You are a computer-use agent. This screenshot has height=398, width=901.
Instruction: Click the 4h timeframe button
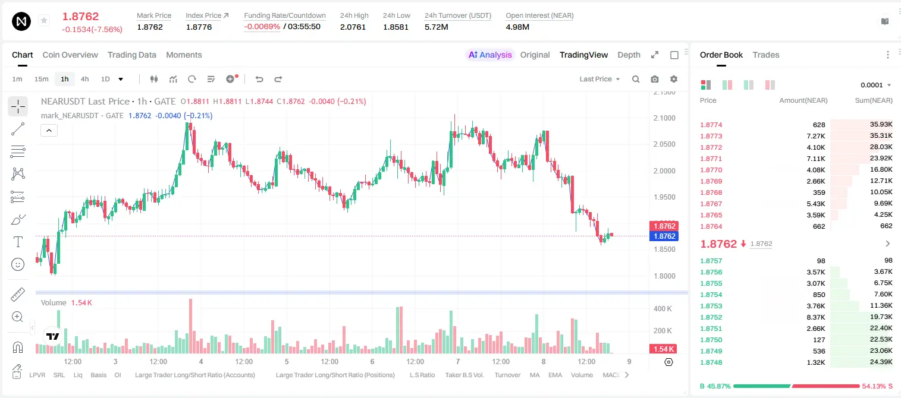84,79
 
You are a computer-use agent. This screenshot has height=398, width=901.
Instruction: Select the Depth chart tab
629,55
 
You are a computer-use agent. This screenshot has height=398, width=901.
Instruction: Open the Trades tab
766,55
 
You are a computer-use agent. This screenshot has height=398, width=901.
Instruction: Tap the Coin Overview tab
70,55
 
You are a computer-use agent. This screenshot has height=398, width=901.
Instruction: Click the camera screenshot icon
655,79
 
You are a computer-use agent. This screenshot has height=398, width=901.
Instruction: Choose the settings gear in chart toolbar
674,79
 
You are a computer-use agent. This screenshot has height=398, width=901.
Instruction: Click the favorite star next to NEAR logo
44,20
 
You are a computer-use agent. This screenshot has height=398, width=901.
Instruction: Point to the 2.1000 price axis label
664,118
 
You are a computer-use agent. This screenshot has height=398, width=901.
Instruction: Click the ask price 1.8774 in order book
711,125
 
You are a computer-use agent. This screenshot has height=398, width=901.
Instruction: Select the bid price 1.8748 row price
711,362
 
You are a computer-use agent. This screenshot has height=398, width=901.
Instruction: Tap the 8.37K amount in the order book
816,317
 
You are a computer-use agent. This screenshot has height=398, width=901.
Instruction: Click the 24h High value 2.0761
353,27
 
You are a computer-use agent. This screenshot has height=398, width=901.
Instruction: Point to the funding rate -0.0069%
262,27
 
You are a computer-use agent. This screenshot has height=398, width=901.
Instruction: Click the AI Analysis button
490,55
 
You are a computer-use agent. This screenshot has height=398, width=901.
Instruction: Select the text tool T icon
18,242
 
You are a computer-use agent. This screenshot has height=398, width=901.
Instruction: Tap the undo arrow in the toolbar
259,79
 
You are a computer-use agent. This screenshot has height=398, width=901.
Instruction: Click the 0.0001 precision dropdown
875,85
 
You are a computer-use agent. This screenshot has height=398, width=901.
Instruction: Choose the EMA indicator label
555,375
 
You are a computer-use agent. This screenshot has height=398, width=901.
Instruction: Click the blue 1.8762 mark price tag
664,236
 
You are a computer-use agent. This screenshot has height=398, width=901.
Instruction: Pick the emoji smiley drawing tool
18,264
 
